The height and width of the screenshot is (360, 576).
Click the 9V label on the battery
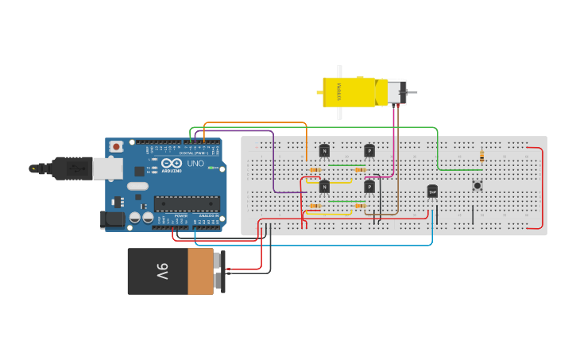[162, 272]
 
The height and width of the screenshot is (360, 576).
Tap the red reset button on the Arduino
[117, 146]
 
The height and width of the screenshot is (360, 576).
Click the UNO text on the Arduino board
[195, 164]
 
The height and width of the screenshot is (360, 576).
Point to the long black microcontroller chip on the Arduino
[187, 204]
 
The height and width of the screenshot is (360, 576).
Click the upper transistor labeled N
[324, 151]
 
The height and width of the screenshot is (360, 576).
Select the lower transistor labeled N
[324, 187]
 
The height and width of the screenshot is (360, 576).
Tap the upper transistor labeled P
[369, 151]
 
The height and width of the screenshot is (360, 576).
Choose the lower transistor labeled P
[369, 187]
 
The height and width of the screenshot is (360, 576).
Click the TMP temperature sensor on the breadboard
[432, 191]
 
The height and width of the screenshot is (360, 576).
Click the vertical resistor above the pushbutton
[481, 156]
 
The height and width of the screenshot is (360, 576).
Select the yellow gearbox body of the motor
[350, 92]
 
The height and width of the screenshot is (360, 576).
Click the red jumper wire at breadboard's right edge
[543, 188]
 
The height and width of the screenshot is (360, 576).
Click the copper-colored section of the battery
[201, 272]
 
